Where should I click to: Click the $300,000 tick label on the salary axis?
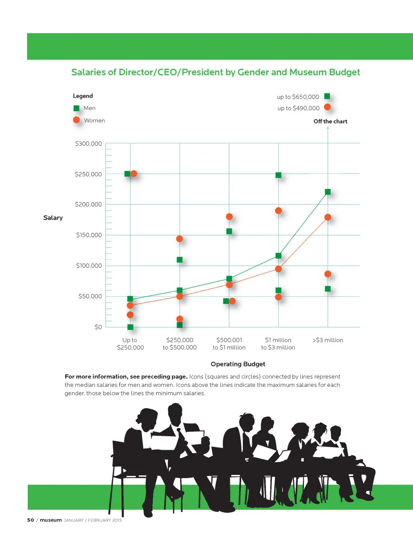pos(88,144)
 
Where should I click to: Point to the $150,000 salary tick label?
pos(89,235)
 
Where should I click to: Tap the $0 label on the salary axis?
pos(98,327)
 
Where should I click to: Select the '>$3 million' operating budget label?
pos(327,340)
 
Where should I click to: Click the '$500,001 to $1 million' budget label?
pos(229,344)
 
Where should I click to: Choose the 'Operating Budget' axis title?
pos(238,364)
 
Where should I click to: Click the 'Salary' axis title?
pos(53,218)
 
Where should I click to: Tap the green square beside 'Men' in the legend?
pos(76,108)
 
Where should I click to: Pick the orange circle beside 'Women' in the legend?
pos(76,120)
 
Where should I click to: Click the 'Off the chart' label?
pos(330,121)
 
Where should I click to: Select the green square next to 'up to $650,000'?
pos(327,96)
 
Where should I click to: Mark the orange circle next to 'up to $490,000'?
pos(327,107)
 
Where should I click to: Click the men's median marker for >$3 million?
pos(328,192)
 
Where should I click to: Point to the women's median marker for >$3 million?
pos(328,217)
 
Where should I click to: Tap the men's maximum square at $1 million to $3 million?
pos(278,175)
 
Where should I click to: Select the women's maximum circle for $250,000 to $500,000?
pos(179,239)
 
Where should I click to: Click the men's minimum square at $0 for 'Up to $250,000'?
pos(130,327)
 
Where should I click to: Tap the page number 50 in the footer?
pos(31,520)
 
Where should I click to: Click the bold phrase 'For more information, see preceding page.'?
pos(126,377)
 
